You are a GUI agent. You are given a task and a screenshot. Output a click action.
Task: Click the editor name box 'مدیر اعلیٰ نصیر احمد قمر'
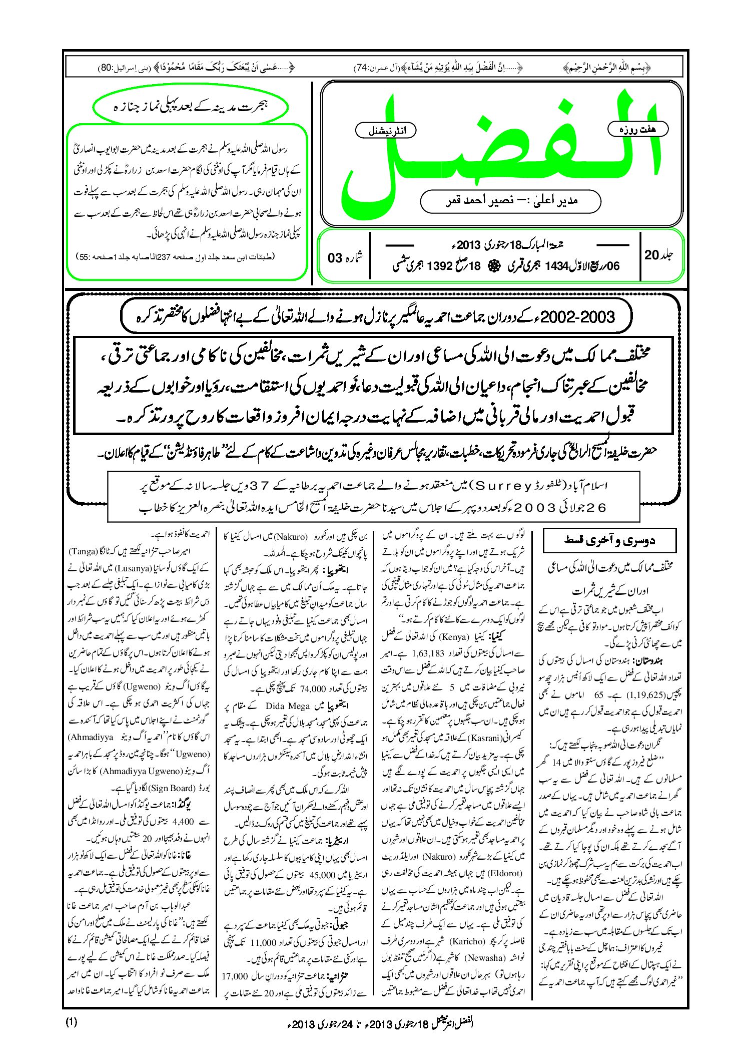click(x=510, y=201)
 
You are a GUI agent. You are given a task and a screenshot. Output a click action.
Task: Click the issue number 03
click(x=335, y=258)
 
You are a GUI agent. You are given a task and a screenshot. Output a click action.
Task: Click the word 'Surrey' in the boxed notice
click(x=503, y=485)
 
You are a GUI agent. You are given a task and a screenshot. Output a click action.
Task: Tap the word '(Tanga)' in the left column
click(x=82, y=552)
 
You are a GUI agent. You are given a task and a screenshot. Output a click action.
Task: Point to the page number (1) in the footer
click(x=71, y=1022)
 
